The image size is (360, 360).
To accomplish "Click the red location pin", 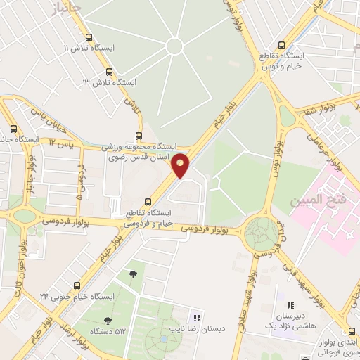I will [181, 165].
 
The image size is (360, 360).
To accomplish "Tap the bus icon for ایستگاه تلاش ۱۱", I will [88, 38].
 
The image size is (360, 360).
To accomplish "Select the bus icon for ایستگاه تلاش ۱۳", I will [108, 72].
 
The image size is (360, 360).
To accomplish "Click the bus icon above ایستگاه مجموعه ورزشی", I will [139, 136].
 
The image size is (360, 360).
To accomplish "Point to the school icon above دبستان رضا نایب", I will [196, 318].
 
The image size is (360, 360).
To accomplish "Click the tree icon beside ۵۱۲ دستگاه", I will [107, 321].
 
